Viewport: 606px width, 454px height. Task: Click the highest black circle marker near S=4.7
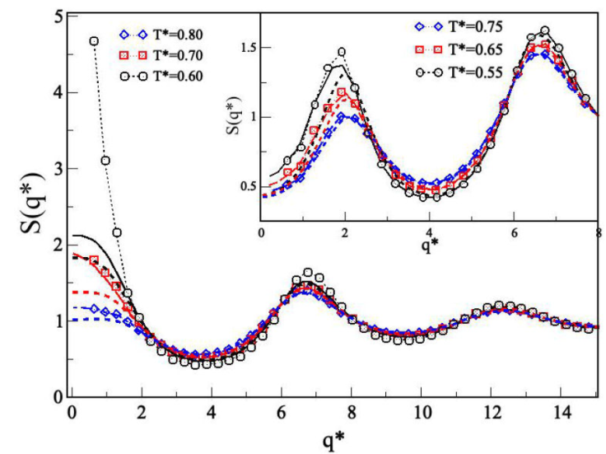pyautogui.click(x=94, y=40)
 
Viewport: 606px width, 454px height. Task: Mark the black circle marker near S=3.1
pyautogui.click(x=105, y=161)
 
